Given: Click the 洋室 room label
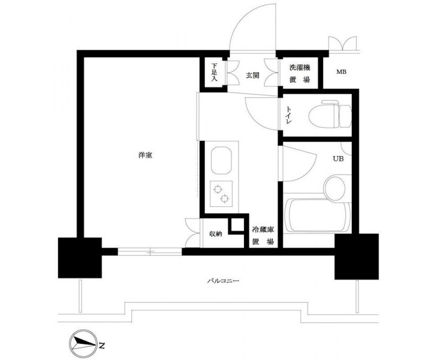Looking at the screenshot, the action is click(x=145, y=155).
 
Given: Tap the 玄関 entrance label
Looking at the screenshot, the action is click(x=252, y=75).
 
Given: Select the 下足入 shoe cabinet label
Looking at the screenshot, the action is click(x=214, y=73).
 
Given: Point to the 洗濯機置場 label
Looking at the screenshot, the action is click(x=300, y=73).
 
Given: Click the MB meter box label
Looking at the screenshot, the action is click(x=341, y=71).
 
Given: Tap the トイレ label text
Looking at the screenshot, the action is click(x=289, y=116).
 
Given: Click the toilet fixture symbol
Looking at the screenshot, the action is click(x=330, y=114).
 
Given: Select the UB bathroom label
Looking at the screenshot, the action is click(x=338, y=158).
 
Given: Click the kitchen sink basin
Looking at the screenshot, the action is click(x=221, y=161).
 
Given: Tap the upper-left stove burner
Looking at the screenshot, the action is click(x=218, y=190).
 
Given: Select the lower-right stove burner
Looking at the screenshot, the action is click(x=225, y=199).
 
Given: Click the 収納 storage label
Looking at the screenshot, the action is click(x=215, y=233).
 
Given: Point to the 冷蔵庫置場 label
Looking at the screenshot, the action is click(x=263, y=236).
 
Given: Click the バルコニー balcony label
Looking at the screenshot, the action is click(x=223, y=281).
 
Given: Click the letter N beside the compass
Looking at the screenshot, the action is click(x=102, y=347).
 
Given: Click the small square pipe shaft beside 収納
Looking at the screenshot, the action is click(x=237, y=225).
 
